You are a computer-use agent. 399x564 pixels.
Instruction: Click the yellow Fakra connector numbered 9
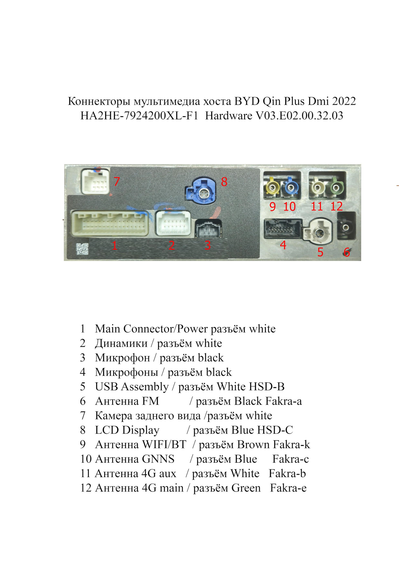point(272,187)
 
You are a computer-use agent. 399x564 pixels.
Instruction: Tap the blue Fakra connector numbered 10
point(291,187)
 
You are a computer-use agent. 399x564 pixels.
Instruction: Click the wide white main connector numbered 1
point(110,223)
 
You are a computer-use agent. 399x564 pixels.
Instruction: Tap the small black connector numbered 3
point(208,228)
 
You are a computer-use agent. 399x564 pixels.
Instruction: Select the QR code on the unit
point(83,249)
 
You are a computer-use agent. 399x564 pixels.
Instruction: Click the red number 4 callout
point(283,245)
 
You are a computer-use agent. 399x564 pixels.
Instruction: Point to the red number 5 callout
point(320,252)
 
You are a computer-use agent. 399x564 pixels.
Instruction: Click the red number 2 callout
point(172,245)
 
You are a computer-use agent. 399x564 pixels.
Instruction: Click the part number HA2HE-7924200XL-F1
point(139,116)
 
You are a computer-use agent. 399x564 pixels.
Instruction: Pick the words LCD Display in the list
point(127,430)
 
